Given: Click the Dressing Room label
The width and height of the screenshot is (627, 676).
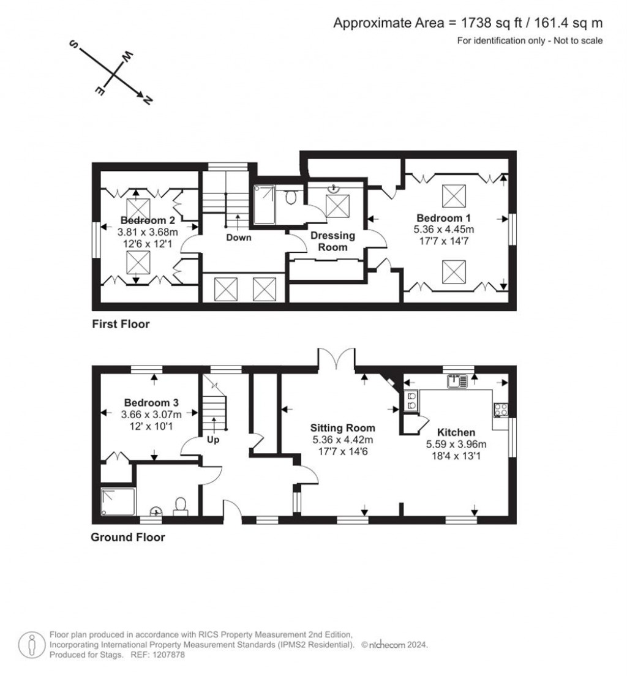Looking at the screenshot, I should pyautogui.click(x=332, y=241).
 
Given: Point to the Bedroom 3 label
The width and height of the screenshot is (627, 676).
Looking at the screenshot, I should pyautogui.click(x=151, y=403).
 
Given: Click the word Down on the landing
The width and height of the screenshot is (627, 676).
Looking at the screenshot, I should pyautogui.click(x=239, y=238).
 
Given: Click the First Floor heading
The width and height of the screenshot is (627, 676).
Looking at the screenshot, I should pyautogui.click(x=121, y=325).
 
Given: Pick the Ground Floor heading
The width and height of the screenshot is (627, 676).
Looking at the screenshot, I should pyautogui.click(x=128, y=538).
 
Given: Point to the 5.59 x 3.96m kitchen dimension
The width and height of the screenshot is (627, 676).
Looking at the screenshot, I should pyautogui.click(x=456, y=445).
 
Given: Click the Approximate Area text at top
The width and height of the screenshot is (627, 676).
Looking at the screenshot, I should pyautogui.click(x=468, y=23).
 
